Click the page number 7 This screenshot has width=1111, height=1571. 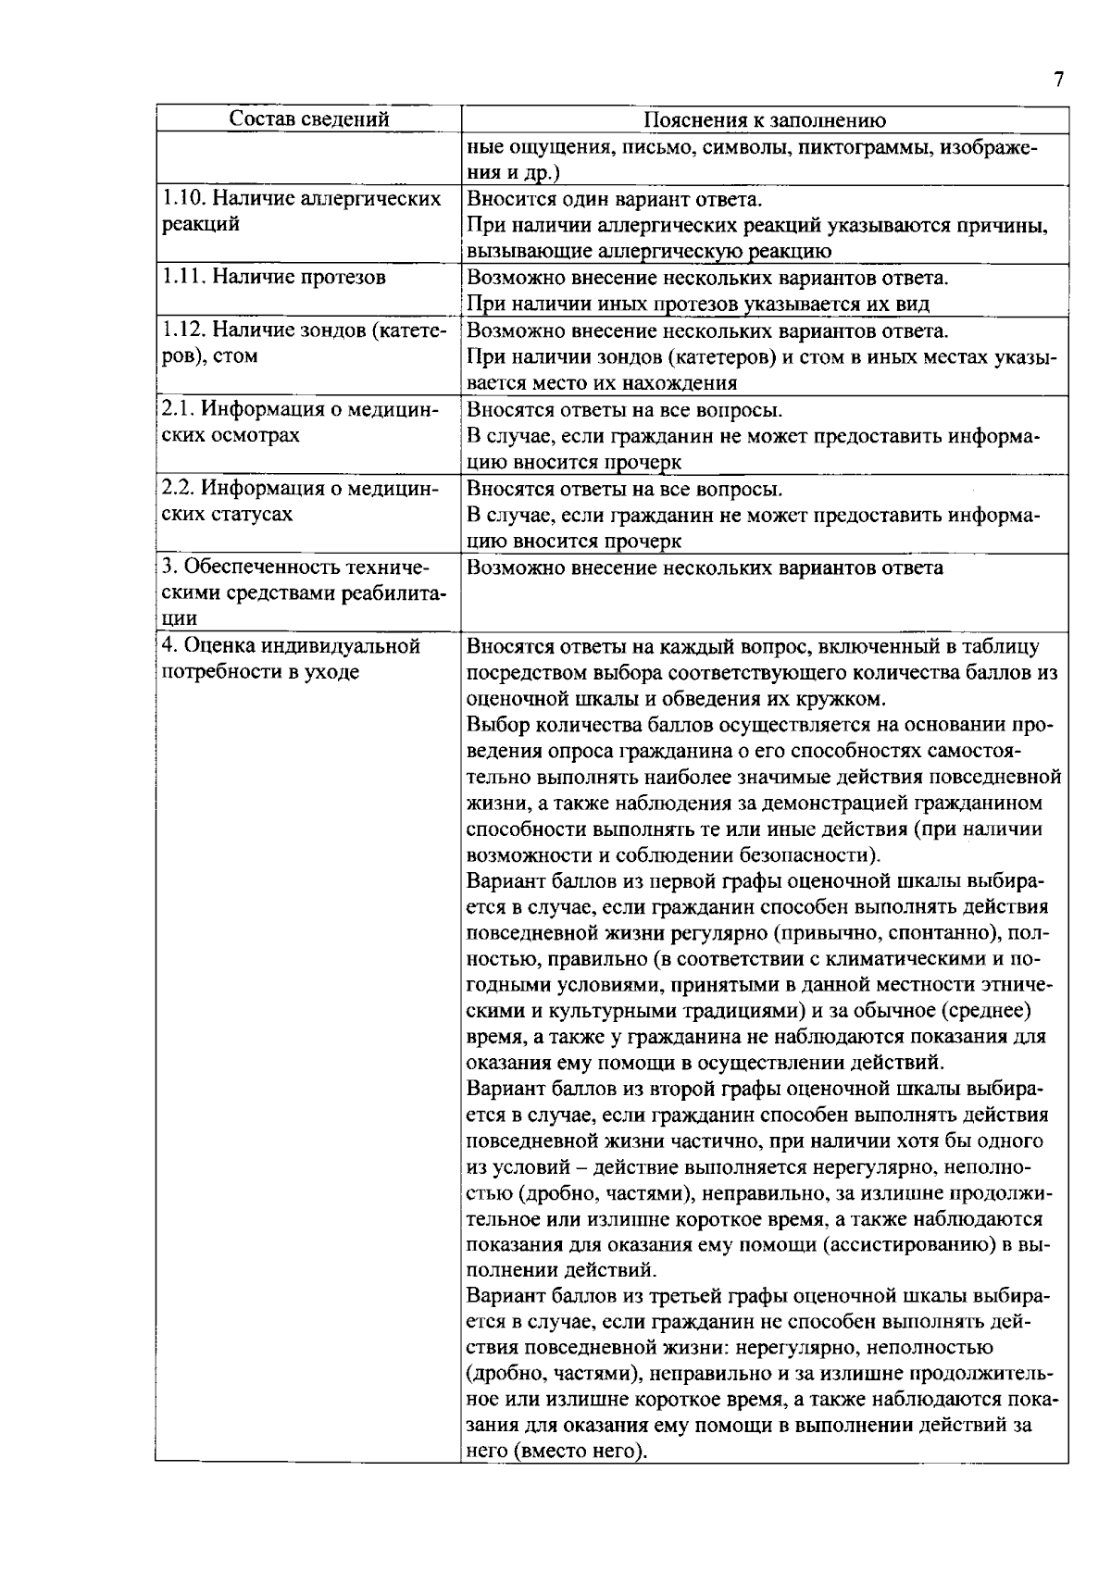(x=1058, y=79)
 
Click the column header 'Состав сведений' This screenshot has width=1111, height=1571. (x=308, y=119)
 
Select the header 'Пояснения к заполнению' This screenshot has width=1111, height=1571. (x=765, y=120)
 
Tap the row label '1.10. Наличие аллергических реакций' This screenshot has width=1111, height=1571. (x=301, y=211)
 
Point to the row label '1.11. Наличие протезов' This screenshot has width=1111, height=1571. (x=274, y=277)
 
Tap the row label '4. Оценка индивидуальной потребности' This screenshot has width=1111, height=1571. (x=292, y=658)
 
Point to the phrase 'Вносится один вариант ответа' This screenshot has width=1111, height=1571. (x=615, y=199)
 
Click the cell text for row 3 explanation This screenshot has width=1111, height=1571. (x=705, y=567)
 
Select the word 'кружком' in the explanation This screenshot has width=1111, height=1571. (x=849, y=698)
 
